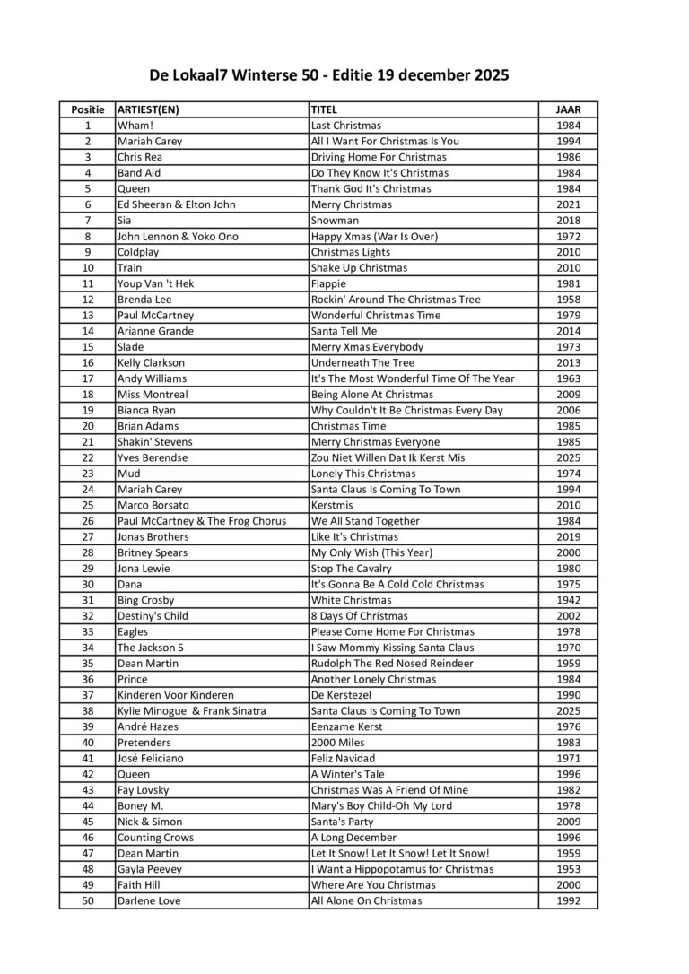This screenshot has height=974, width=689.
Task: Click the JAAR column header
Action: pyautogui.click(x=568, y=109)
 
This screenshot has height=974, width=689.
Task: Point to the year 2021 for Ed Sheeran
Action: pyautogui.click(x=568, y=204)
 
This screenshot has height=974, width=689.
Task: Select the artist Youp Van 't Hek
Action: pyautogui.click(x=155, y=283)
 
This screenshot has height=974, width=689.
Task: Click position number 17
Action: pyautogui.click(x=87, y=378)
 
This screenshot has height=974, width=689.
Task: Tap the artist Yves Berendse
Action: pyautogui.click(x=153, y=457)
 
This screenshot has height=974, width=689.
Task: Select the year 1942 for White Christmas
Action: pyautogui.click(x=568, y=600)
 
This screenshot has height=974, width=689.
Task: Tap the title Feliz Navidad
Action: pyautogui.click(x=343, y=758)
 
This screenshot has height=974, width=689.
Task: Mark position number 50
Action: pyautogui.click(x=87, y=900)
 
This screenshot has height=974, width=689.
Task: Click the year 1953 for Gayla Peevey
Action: pyautogui.click(x=568, y=869)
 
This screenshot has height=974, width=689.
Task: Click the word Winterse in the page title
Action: pyautogui.click(x=266, y=76)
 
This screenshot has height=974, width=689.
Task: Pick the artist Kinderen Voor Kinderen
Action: pyautogui.click(x=175, y=695)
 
